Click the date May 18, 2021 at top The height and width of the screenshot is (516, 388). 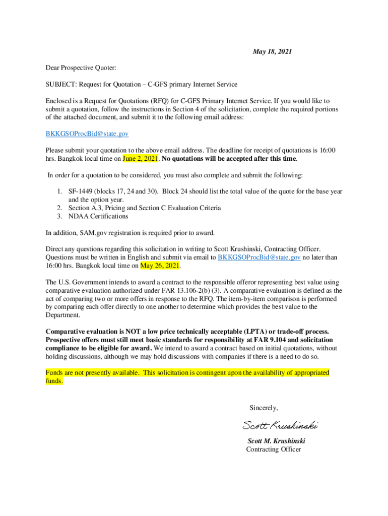pos(272,51)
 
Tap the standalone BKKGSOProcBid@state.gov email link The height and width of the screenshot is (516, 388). pos(87,134)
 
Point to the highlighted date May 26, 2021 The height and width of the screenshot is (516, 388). pos(160,266)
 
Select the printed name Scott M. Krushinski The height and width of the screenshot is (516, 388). pos(276,441)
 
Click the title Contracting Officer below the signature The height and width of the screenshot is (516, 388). pos(273,449)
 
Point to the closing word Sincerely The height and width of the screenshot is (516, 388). pos(264,408)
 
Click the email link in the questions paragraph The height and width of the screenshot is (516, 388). pos(259,257)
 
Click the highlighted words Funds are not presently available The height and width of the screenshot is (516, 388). pos(92,372)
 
